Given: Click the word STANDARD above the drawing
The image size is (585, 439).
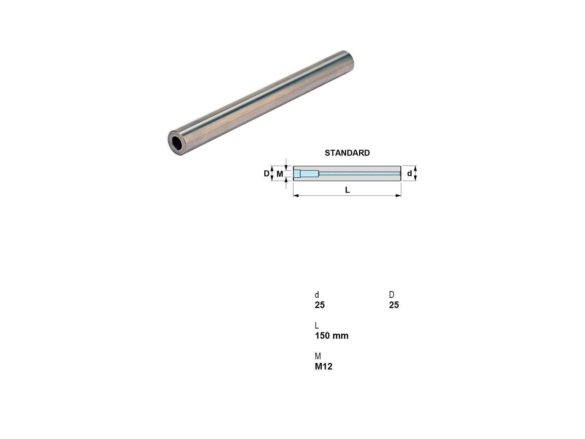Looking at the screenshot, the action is coord(347,153).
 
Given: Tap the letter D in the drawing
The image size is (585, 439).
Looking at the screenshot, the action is coord(266,173).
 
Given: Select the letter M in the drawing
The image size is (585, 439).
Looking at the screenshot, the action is coord(280,174).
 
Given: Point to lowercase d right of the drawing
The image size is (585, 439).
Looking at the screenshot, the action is coord(409,173).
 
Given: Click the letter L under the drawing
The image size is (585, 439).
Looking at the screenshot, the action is coord(347,190).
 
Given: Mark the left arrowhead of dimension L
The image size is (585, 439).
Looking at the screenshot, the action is coord(295,196).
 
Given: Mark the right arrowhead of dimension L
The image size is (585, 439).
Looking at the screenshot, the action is coord(398,196).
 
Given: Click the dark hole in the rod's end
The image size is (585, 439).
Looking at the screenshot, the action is coord(177,143).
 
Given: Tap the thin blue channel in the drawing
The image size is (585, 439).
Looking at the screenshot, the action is coord(359,173).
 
